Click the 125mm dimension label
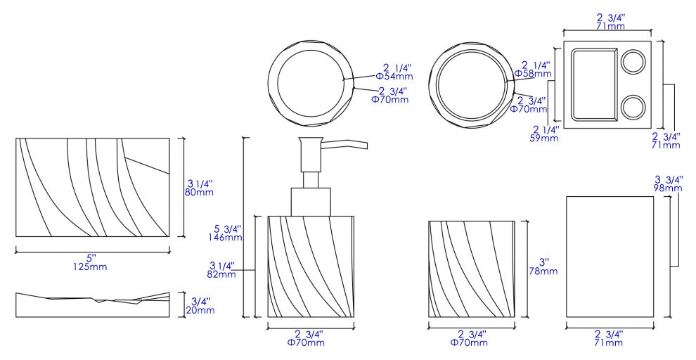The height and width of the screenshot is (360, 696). pyautogui.click(x=90, y=266)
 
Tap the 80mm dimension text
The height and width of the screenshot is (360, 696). pyautogui.click(x=199, y=192)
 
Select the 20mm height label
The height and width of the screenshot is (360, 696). pyautogui.click(x=200, y=310)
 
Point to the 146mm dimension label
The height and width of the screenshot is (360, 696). pyautogui.click(x=225, y=237)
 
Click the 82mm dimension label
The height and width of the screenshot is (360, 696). pyautogui.click(x=221, y=274)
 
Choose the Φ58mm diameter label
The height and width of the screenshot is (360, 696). pyautogui.click(x=533, y=73)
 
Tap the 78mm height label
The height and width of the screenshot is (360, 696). pyautogui.click(x=543, y=270)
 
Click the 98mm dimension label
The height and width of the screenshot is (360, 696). pyautogui.click(x=668, y=188)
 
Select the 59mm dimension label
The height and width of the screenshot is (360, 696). pyautogui.click(x=545, y=138)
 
